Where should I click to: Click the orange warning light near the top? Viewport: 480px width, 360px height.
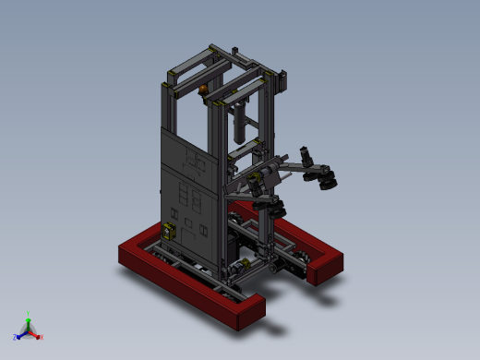pos(203,89)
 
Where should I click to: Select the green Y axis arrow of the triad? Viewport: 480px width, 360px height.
pos(28,320)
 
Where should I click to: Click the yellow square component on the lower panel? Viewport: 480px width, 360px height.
pos(168,232)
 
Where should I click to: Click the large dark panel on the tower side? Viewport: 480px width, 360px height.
pos(189,180)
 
